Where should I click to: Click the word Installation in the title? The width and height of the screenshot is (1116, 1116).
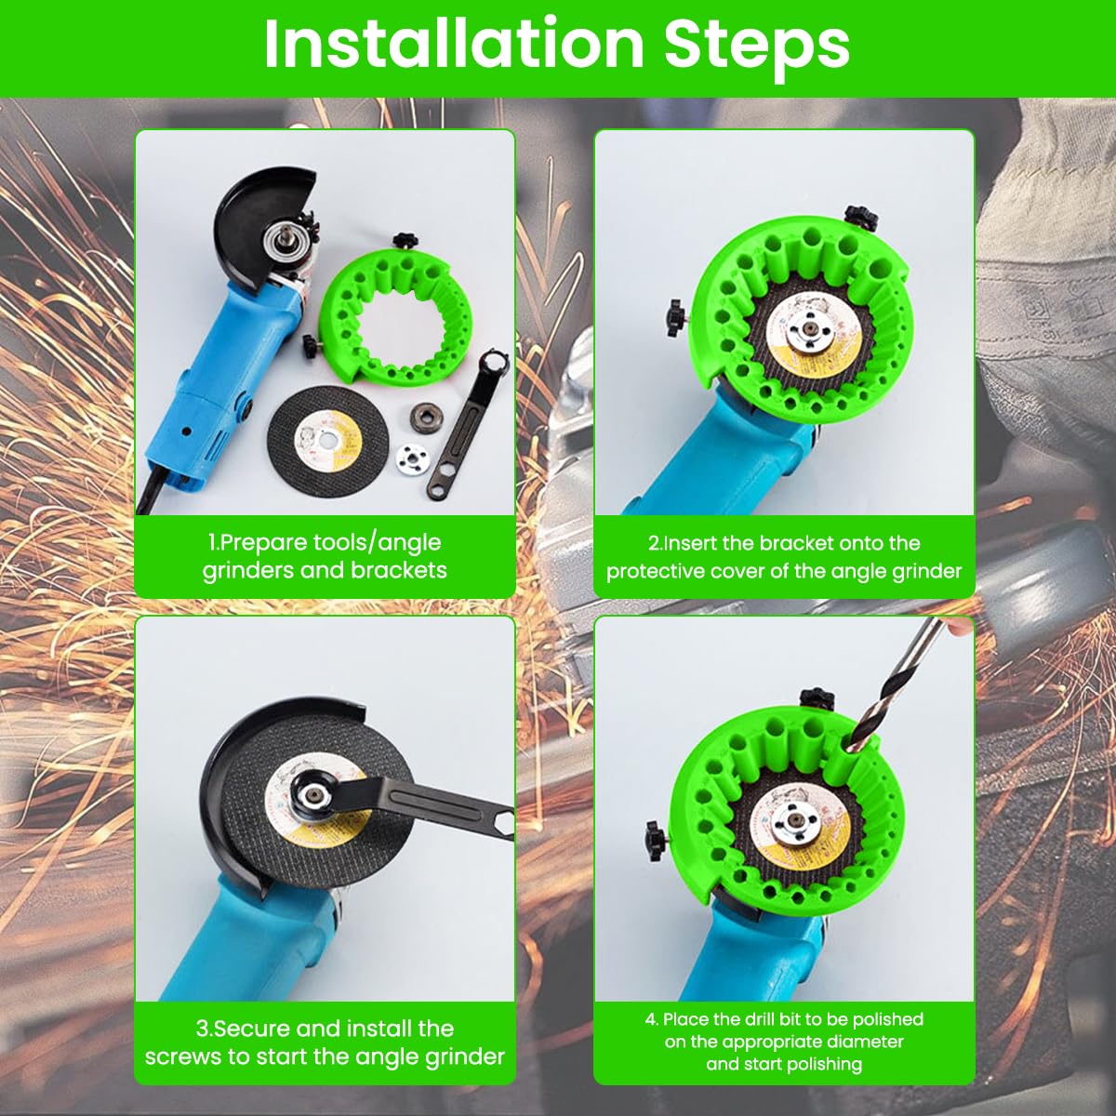pyautogui.click(x=454, y=45)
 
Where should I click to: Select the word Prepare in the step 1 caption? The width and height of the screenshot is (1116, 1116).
pyautogui.click(x=265, y=544)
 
